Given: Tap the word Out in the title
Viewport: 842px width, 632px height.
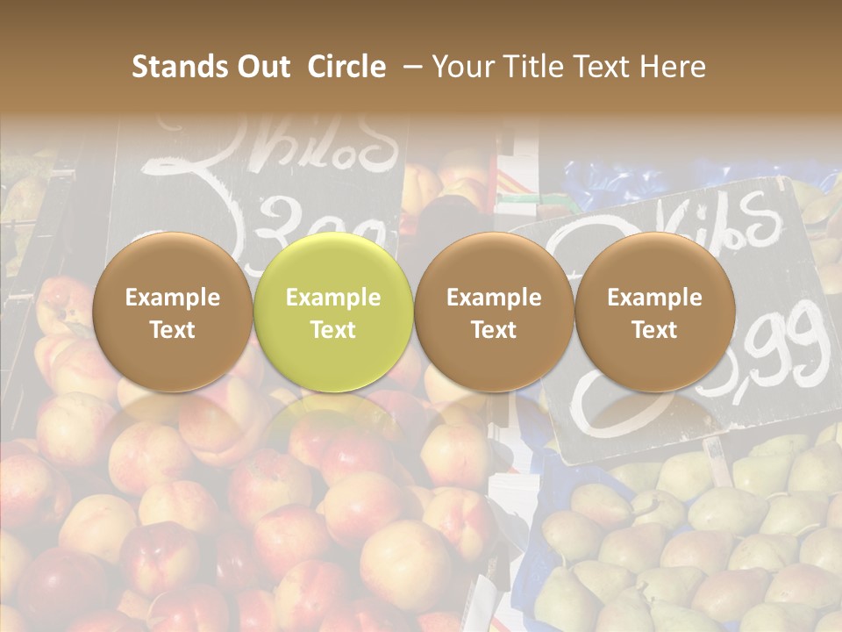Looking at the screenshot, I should (x=260, y=67).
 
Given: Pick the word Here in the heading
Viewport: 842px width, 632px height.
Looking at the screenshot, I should (x=674, y=67).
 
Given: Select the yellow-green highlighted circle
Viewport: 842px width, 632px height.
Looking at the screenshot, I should (x=332, y=312).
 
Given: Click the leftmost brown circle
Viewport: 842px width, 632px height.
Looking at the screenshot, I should (x=172, y=312).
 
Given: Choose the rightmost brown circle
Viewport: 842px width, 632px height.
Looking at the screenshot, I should (x=654, y=312).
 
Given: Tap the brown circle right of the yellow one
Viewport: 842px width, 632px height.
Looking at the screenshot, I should (x=494, y=312).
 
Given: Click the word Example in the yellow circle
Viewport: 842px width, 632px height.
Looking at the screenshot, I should (x=332, y=298).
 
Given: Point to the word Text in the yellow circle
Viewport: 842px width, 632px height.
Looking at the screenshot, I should (x=332, y=330).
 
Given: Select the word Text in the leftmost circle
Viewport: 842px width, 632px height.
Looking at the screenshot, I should (x=172, y=330).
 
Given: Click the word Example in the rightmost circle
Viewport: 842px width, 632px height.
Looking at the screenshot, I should (x=654, y=298).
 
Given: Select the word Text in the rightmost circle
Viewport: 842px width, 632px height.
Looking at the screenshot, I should (x=654, y=330).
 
